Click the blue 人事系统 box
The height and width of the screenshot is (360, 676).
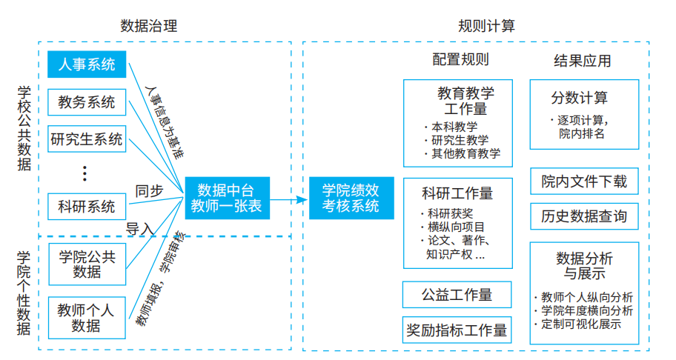[87, 64]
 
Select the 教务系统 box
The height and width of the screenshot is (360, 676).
[87, 102]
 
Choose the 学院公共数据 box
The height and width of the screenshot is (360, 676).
[87, 264]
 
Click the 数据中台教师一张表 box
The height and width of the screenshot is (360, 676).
[226, 198]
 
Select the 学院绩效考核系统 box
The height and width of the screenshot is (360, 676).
[351, 198]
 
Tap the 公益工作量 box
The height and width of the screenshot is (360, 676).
[457, 294]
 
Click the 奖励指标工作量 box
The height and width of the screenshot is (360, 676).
[457, 330]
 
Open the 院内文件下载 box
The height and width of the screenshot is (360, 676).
[584, 181]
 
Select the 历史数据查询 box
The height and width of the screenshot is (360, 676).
[584, 216]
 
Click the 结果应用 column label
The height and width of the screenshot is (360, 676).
[583, 60]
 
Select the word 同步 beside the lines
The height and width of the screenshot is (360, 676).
[149, 190]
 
